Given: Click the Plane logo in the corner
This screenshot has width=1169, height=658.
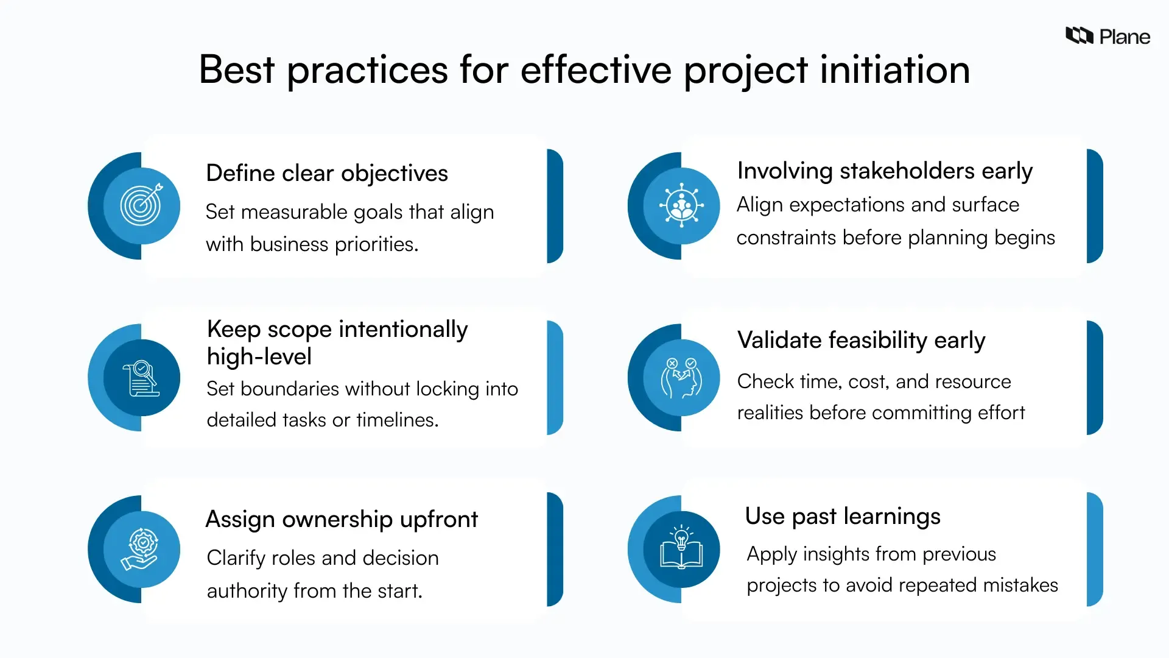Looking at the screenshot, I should (x=1107, y=37).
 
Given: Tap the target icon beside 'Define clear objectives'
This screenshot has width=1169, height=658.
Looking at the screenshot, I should (x=141, y=206).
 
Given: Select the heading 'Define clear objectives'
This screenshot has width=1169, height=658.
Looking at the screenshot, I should (x=326, y=174).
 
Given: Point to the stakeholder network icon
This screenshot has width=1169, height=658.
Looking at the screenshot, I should (x=681, y=206).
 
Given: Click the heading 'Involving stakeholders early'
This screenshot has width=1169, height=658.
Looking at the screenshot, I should (x=884, y=171).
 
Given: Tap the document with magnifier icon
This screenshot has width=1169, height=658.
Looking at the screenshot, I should (x=141, y=378).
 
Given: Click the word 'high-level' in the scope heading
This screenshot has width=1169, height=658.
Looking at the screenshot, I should (x=259, y=357).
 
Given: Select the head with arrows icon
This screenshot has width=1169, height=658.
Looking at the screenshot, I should (x=681, y=378).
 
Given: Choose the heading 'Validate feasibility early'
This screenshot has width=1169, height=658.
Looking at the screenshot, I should (x=860, y=341).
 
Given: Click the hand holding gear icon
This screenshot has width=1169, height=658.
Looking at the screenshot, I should (x=141, y=550).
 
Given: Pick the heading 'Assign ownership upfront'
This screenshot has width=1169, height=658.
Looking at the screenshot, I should (x=341, y=520).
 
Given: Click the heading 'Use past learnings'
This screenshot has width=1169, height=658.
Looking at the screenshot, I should (x=842, y=517).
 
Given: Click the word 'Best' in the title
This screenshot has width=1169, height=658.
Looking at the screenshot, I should (x=236, y=70).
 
